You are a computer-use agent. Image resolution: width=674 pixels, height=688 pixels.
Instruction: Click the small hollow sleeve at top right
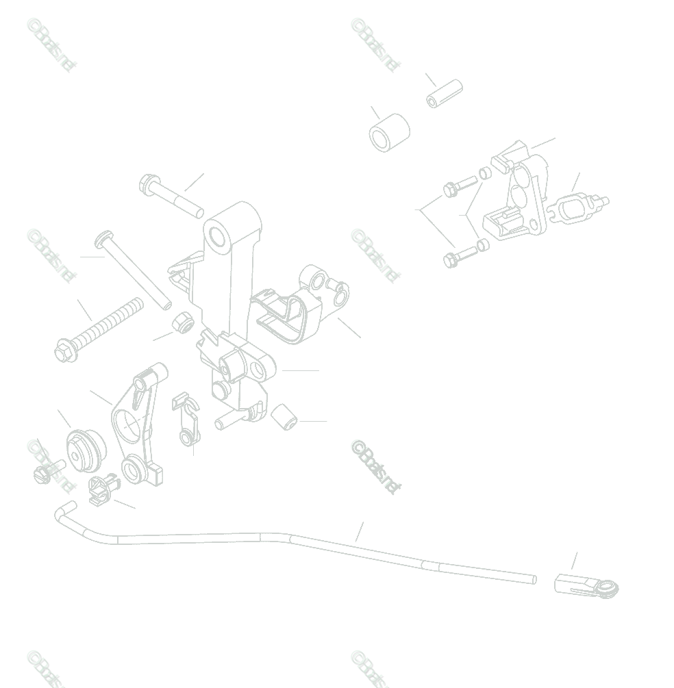(x=445, y=94)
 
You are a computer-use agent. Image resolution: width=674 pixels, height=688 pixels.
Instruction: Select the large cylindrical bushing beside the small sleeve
(x=389, y=132)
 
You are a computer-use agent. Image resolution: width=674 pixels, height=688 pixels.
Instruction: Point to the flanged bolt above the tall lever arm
(x=171, y=196)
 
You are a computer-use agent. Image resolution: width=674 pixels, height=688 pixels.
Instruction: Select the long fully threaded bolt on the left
(x=99, y=329)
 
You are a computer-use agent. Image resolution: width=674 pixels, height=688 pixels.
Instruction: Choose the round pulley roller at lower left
(x=86, y=450)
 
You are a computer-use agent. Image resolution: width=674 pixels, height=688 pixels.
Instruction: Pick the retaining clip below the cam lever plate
(x=103, y=487)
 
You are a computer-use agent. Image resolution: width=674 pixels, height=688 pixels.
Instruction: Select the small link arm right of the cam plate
(x=186, y=418)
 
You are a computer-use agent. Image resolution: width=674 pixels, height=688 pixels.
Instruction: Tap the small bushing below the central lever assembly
(x=284, y=418)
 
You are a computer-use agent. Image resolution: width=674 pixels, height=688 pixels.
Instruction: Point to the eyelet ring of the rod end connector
(x=608, y=587)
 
